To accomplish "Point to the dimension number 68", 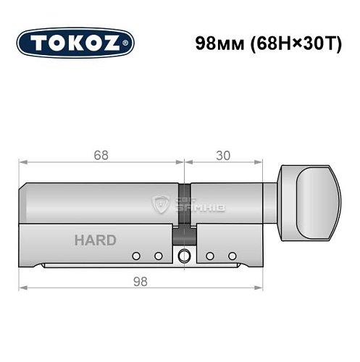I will click(99, 154).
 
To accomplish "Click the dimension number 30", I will click(223, 154).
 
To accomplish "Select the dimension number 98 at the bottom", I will click(141, 281).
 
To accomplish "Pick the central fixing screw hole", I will click(185, 255).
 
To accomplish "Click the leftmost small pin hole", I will click(136, 256).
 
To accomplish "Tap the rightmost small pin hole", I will click(233, 256).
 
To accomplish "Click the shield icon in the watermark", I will click(162, 206).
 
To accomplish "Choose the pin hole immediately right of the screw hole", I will click(209, 256).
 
